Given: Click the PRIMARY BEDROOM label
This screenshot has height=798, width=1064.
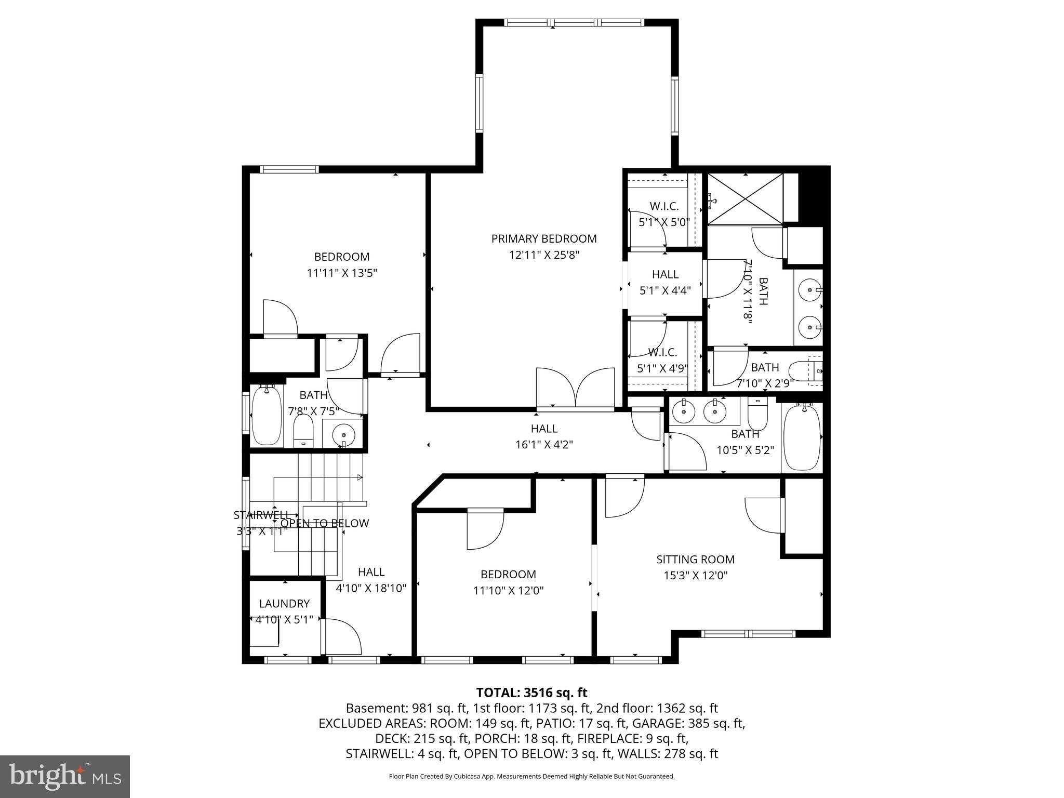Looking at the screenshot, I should [x=544, y=239].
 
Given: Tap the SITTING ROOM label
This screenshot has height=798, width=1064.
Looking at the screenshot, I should [x=695, y=560].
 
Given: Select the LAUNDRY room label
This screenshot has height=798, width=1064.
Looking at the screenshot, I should [x=284, y=604].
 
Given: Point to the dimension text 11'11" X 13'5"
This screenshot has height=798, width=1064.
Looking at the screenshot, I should [x=341, y=273].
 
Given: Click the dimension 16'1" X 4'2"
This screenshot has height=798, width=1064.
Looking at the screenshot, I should [x=544, y=445].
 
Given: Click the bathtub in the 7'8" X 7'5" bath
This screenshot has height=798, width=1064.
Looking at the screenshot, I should [x=267, y=416].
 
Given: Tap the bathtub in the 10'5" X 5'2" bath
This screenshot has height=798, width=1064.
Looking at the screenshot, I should [x=802, y=438].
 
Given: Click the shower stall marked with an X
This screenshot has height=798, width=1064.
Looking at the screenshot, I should [x=745, y=199].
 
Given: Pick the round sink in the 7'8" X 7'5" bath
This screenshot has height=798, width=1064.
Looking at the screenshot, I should [x=343, y=432].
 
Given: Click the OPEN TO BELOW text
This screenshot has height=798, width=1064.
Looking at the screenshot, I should [x=325, y=524].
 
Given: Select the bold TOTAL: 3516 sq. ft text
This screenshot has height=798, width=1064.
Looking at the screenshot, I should [x=531, y=693].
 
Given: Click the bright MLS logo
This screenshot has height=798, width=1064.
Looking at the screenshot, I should [x=64, y=776].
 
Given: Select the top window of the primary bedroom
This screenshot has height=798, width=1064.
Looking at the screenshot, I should [x=575, y=22].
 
